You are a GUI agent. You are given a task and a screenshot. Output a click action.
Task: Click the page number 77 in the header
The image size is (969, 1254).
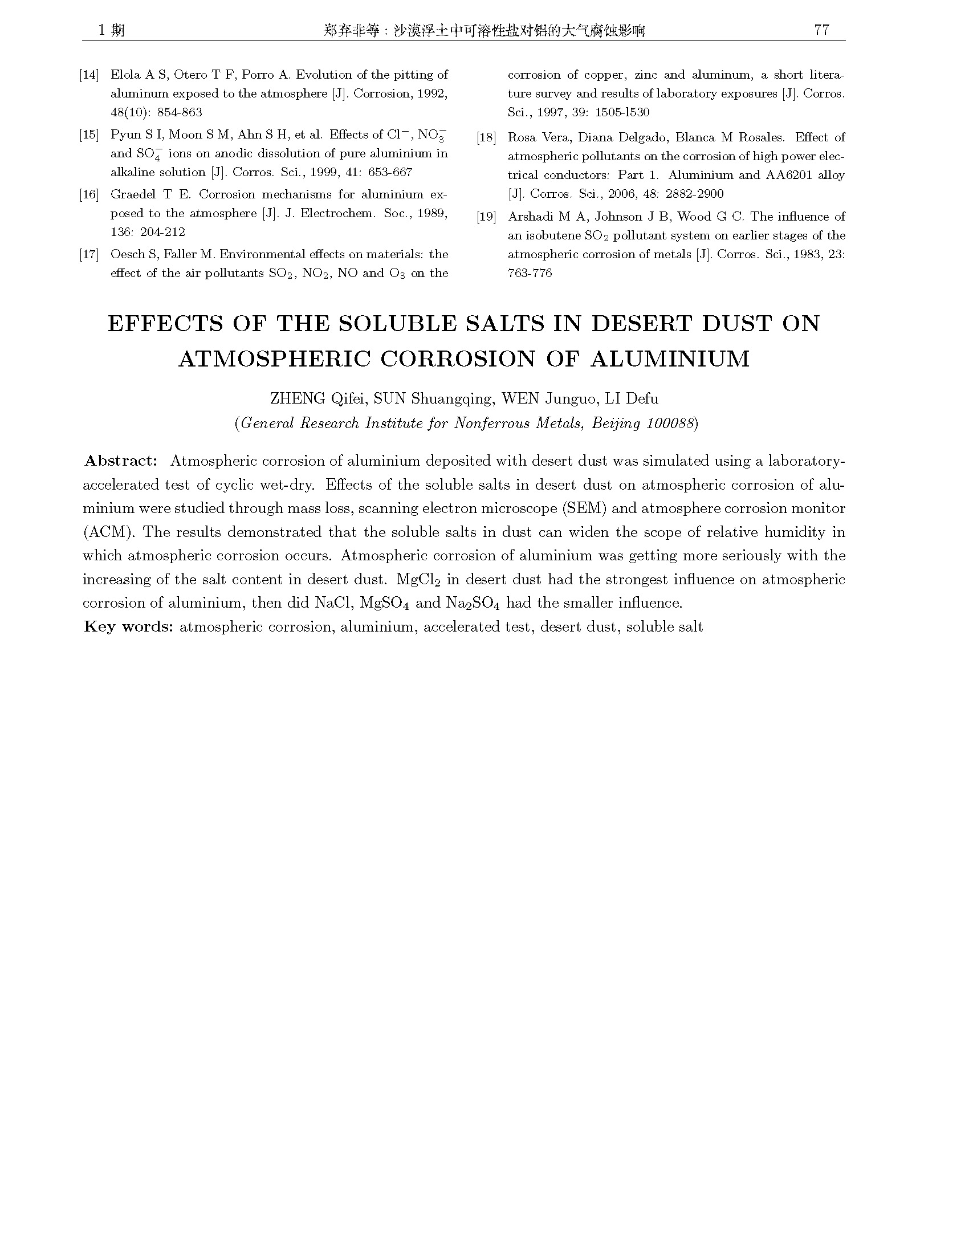click(821, 30)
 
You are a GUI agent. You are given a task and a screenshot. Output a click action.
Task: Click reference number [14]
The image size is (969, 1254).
click(89, 75)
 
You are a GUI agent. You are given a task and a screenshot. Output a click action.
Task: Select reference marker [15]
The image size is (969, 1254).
click(89, 135)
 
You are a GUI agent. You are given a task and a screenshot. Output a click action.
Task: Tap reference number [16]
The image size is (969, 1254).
click(89, 194)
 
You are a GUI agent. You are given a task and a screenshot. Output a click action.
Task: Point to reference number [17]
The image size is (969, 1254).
click(89, 254)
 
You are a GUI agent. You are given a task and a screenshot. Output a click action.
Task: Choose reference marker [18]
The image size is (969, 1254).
click(486, 138)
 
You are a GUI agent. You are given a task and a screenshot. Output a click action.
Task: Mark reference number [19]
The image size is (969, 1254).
click(486, 217)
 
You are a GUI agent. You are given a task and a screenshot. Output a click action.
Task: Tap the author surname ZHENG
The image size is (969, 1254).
click(296, 398)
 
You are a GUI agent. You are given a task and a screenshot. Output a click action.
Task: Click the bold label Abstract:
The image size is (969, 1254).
click(120, 461)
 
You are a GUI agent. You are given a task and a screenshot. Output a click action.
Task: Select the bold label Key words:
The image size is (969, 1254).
click(129, 626)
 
